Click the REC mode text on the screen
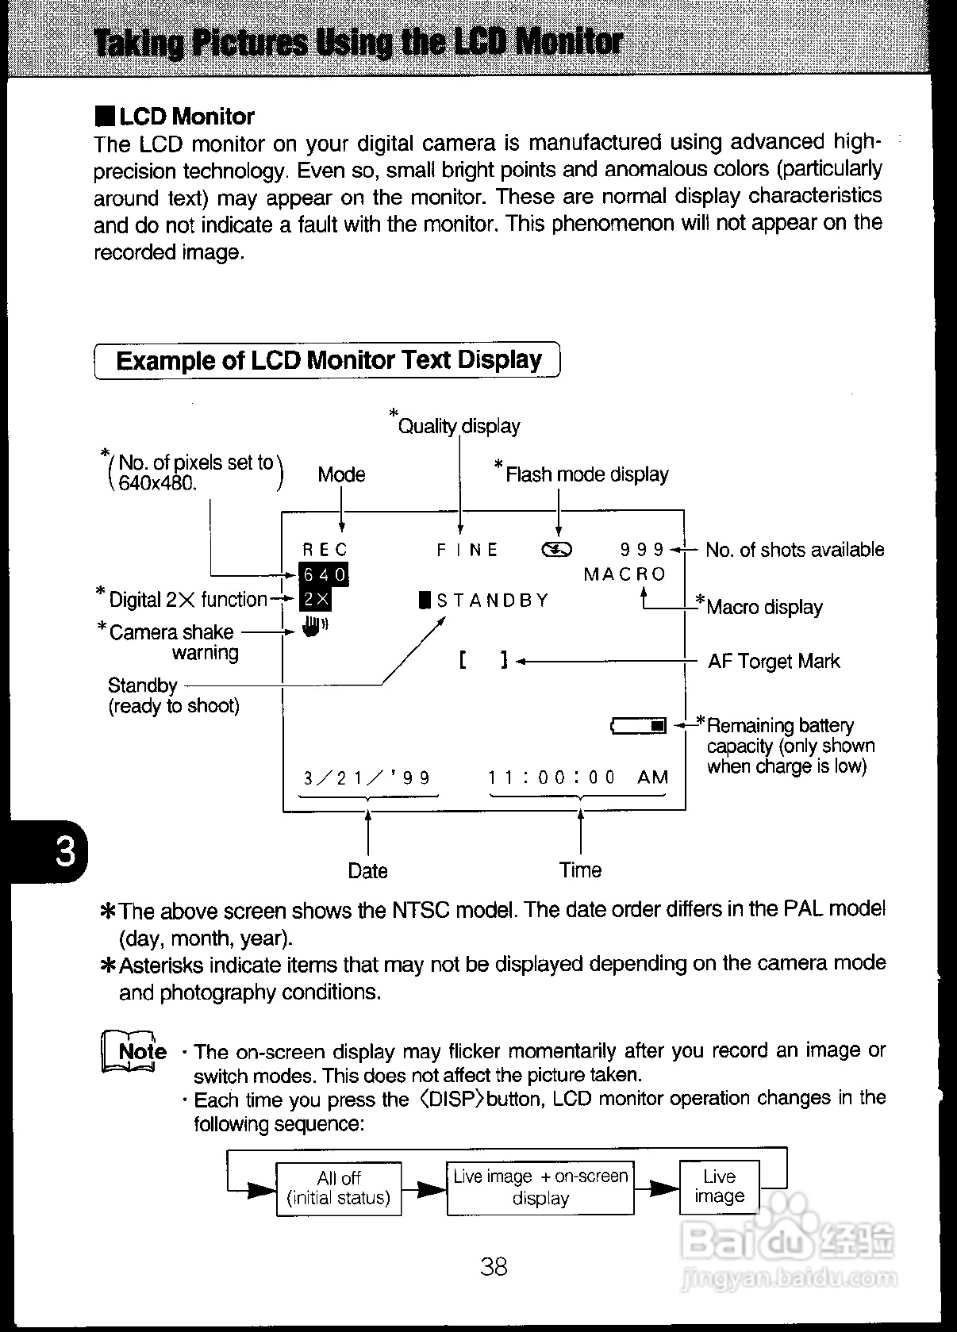325,550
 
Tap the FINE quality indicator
467,550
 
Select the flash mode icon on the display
556,550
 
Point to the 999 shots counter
642,550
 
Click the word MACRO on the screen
625,574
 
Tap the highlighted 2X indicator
316,600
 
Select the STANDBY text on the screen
485,600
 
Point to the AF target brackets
482,660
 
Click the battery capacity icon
639,725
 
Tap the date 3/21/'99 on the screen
367,777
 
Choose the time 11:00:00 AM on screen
578,777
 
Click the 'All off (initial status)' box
339,1188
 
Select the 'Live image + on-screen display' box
540,1187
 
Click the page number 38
494,1266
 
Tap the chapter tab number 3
64,852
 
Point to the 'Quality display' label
459,426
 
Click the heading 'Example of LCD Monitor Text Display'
328,360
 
